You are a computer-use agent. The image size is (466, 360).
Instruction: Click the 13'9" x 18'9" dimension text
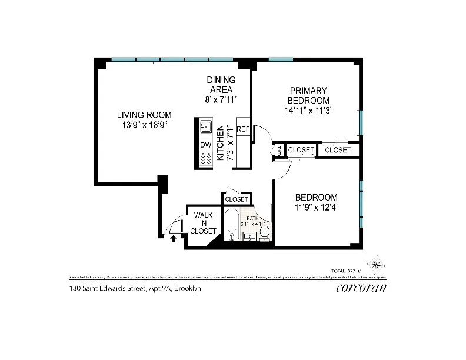pos(144,125)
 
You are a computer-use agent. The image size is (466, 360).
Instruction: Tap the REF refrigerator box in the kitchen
pos(242,129)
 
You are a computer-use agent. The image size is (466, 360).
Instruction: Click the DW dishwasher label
pos(205,145)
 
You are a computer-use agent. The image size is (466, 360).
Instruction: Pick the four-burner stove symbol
pos(205,159)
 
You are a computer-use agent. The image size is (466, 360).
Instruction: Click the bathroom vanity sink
pos(248,237)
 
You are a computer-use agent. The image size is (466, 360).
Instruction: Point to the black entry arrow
pos(173,238)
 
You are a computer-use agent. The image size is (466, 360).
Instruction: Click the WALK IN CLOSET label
pos(203,224)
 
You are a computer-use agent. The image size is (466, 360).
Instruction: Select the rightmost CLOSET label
pos(338,151)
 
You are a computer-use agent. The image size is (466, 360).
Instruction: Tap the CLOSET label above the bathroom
pos(237,200)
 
